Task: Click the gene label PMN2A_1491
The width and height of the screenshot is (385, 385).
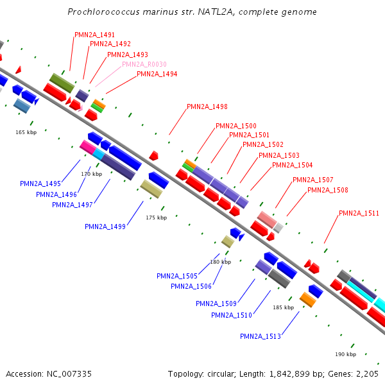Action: click(x=95, y=35)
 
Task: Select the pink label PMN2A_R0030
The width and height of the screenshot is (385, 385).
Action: click(x=144, y=64)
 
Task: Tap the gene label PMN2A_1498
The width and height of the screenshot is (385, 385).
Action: click(x=207, y=107)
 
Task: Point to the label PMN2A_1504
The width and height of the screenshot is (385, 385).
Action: click(x=293, y=165)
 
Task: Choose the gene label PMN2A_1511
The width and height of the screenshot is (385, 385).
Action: click(x=359, y=213)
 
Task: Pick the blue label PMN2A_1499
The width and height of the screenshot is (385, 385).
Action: click(x=105, y=226)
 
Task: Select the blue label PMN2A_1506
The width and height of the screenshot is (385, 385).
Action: click(x=191, y=286)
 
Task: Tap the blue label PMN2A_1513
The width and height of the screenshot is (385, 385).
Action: click(x=261, y=336)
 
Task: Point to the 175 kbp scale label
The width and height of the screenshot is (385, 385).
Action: click(x=156, y=218)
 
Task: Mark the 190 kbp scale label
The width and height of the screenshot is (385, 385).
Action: click(x=345, y=354)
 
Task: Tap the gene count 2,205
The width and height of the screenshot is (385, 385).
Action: click(x=367, y=373)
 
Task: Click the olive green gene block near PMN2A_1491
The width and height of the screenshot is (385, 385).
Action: click(x=63, y=82)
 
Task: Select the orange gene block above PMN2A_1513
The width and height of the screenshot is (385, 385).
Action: click(x=308, y=299)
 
